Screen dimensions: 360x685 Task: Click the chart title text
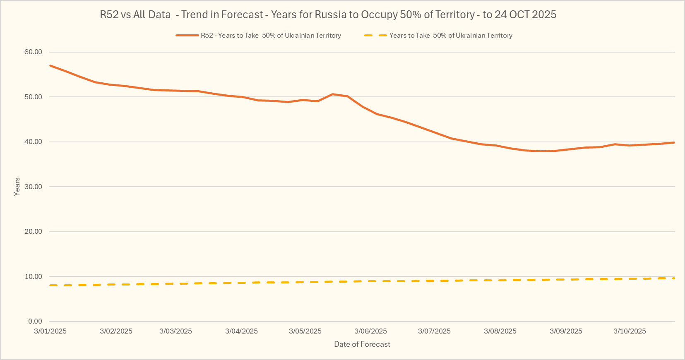click(x=328, y=14)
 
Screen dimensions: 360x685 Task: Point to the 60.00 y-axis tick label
click(x=33, y=52)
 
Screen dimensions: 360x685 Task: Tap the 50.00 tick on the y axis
click(x=33, y=97)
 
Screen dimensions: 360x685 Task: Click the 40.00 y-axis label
click(x=33, y=142)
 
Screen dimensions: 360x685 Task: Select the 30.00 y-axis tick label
click(x=33, y=187)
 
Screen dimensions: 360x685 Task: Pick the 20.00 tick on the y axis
click(x=33, y=232)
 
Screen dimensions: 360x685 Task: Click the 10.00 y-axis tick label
click(x=33, y=276)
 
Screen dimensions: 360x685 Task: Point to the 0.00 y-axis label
click(x=35, y=322)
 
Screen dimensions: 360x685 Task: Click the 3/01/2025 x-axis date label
click(x=50, y=331)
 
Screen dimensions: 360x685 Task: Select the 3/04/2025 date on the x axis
click(x=241, y=331)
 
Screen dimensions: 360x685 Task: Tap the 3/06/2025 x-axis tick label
click(x=370, y=331)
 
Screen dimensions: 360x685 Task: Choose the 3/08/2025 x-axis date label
click(x=500, y=331)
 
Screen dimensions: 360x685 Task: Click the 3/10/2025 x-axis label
click(x=630, y=331)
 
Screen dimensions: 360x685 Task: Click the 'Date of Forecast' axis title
click(x=362, y=344)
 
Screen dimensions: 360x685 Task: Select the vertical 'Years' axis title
click(x=17, y=187)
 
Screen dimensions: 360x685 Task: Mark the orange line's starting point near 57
click(x=50, y=65)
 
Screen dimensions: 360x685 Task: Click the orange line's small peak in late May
click(x=333, y=94)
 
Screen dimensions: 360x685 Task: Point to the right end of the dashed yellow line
click(x=674, y=278)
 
